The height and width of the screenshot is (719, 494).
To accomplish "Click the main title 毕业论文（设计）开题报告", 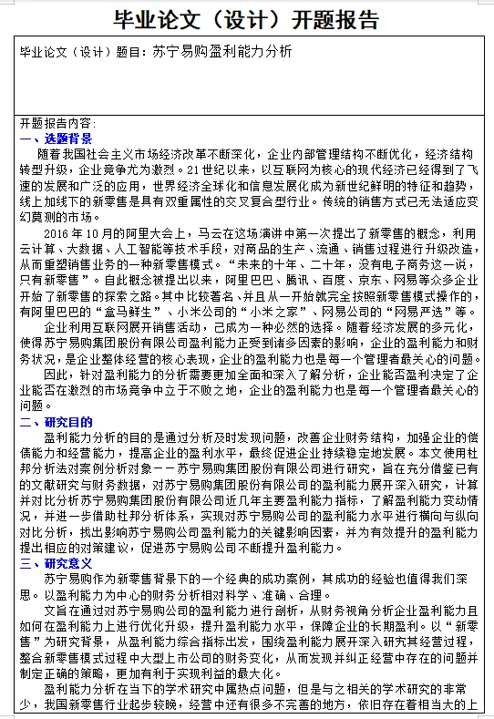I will [x=247, y=19].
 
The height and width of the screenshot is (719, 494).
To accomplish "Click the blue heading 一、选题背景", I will [x=56, y=138].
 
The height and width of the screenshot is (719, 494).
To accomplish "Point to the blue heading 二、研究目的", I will [x=56, y=422].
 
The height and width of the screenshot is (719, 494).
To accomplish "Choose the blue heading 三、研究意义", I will [x=56, y=563].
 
